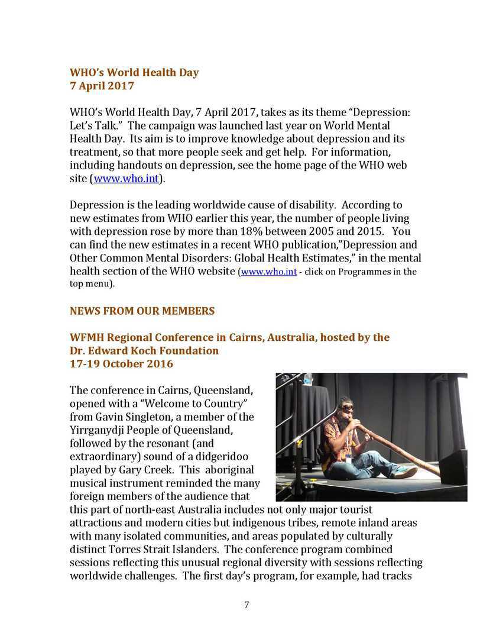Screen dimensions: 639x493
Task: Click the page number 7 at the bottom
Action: click(246, 605)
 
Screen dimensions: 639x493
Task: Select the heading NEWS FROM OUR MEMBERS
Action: click(142, 311)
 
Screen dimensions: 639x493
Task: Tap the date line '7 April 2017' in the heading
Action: click(102, 86)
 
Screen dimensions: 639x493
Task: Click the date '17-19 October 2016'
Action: click(121, 363)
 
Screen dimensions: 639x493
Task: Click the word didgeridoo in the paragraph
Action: click(222, 456)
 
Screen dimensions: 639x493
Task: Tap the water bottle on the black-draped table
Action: click(307, 379)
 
